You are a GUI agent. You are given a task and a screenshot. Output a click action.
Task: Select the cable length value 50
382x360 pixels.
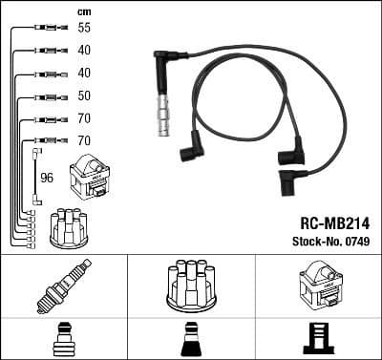85,96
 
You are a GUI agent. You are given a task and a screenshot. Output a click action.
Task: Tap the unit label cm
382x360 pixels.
84,11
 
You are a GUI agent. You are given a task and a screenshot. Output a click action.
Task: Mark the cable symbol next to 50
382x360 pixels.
44,96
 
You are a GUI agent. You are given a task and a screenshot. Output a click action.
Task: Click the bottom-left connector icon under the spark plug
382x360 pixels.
63,340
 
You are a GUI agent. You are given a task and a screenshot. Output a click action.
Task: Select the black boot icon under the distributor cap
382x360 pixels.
191,340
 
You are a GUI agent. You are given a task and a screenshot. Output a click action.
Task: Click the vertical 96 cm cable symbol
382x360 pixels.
36,177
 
